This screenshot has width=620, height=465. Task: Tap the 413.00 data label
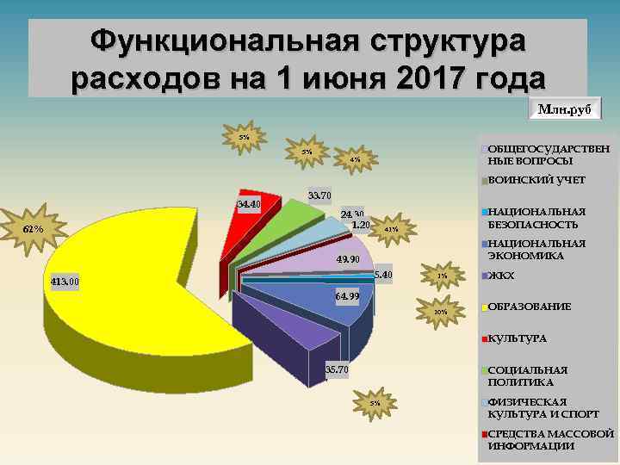point(63,282)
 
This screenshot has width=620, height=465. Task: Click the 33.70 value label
point(320,195)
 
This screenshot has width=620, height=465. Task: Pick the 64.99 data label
point(347,297)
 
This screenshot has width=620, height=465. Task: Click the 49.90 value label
point(348,259)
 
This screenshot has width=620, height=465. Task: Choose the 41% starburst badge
point(391,229)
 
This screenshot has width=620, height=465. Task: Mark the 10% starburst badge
point(440,312)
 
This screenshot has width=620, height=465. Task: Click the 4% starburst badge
point(355,159)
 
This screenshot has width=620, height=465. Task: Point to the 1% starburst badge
point(442,276)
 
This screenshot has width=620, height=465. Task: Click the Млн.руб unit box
point(565,109)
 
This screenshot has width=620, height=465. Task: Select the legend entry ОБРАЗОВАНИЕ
point(529,307)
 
